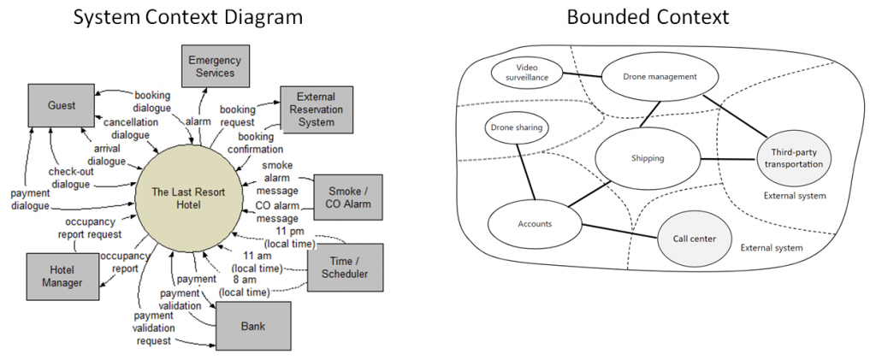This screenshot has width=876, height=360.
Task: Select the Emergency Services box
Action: pos(215,67)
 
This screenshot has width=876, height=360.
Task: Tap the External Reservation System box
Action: pos(317,109)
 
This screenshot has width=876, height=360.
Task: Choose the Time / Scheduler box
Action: pos(345,267)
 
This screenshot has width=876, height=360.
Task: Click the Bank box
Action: pos(252,326)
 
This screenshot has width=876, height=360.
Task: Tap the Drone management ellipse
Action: pos(660,76)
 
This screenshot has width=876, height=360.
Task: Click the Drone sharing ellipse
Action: pos(517,128)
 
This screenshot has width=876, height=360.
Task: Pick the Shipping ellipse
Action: pos(648,158)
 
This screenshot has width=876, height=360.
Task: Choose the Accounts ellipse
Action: pos(535,224)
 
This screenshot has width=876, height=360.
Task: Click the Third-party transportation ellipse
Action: pos(793,157)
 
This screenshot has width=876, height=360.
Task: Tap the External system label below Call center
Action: pos(772,248)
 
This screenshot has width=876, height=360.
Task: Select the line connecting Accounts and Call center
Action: pos(620,232)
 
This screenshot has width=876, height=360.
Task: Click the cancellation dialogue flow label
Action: pos(132,128)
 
